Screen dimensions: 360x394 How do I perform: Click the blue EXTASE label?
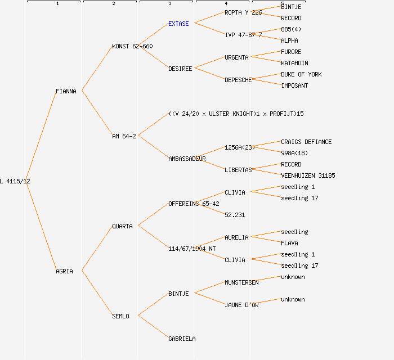[178, 24]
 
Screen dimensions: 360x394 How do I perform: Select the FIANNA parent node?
[66, 91]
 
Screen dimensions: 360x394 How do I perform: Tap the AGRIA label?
[64, 271]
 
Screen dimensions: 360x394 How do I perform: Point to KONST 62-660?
[132, 46]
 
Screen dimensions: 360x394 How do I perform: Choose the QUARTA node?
[122, 226]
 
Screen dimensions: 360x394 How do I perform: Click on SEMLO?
[120, 316]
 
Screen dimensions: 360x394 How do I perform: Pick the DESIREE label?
[180, 69]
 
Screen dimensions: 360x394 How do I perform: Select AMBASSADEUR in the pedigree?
[187, 159]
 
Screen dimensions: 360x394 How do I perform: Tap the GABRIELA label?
[182, 339]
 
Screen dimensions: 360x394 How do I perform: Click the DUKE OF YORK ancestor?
[301, 74]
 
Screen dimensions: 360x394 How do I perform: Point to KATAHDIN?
[294, 63]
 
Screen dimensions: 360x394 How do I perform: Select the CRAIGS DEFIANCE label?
[306, 142]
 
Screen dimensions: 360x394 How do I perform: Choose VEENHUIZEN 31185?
[308, 175]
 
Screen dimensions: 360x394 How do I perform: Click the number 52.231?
[235, 215]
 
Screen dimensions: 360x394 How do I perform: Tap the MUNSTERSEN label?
[241, 282]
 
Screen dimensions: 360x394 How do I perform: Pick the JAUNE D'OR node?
[241, 305]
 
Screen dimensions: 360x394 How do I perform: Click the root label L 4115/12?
[15, 181]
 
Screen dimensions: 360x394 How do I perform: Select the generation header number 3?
[169, 4]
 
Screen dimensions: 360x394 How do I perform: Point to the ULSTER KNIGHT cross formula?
[236, 114]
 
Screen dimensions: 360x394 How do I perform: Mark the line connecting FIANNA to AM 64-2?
[97, 113]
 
